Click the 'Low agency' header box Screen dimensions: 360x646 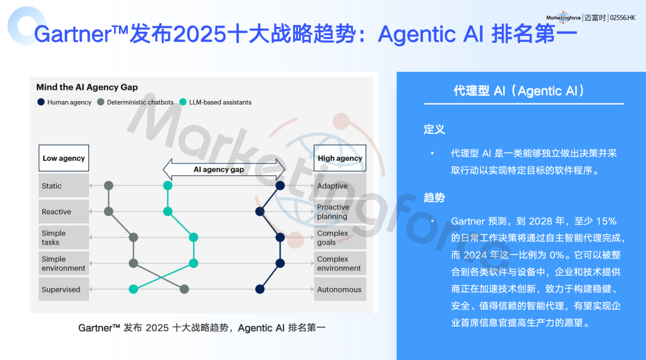coord(63,158)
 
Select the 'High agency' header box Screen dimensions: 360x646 coord(340,158)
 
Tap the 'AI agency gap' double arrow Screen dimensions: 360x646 coord(219,169)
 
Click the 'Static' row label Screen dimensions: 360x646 coord(63,186)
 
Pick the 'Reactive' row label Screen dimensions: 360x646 coord(63,212)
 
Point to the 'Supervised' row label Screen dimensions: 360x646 coord(63,289)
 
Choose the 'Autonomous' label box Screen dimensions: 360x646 coord(340,289)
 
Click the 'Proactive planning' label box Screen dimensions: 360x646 coord(340,212)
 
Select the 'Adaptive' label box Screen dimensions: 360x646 coord(340,186)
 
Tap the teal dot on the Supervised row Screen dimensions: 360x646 coord(133,289)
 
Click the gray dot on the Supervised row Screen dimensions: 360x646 coord(184,289)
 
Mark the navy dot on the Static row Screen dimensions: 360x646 coord(279,186)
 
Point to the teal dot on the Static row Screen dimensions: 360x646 coord(168,186)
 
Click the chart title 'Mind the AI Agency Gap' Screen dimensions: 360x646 coord(87,87)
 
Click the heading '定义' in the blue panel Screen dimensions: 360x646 coord(434,129)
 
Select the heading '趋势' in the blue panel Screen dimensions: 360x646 coord(434,197)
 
